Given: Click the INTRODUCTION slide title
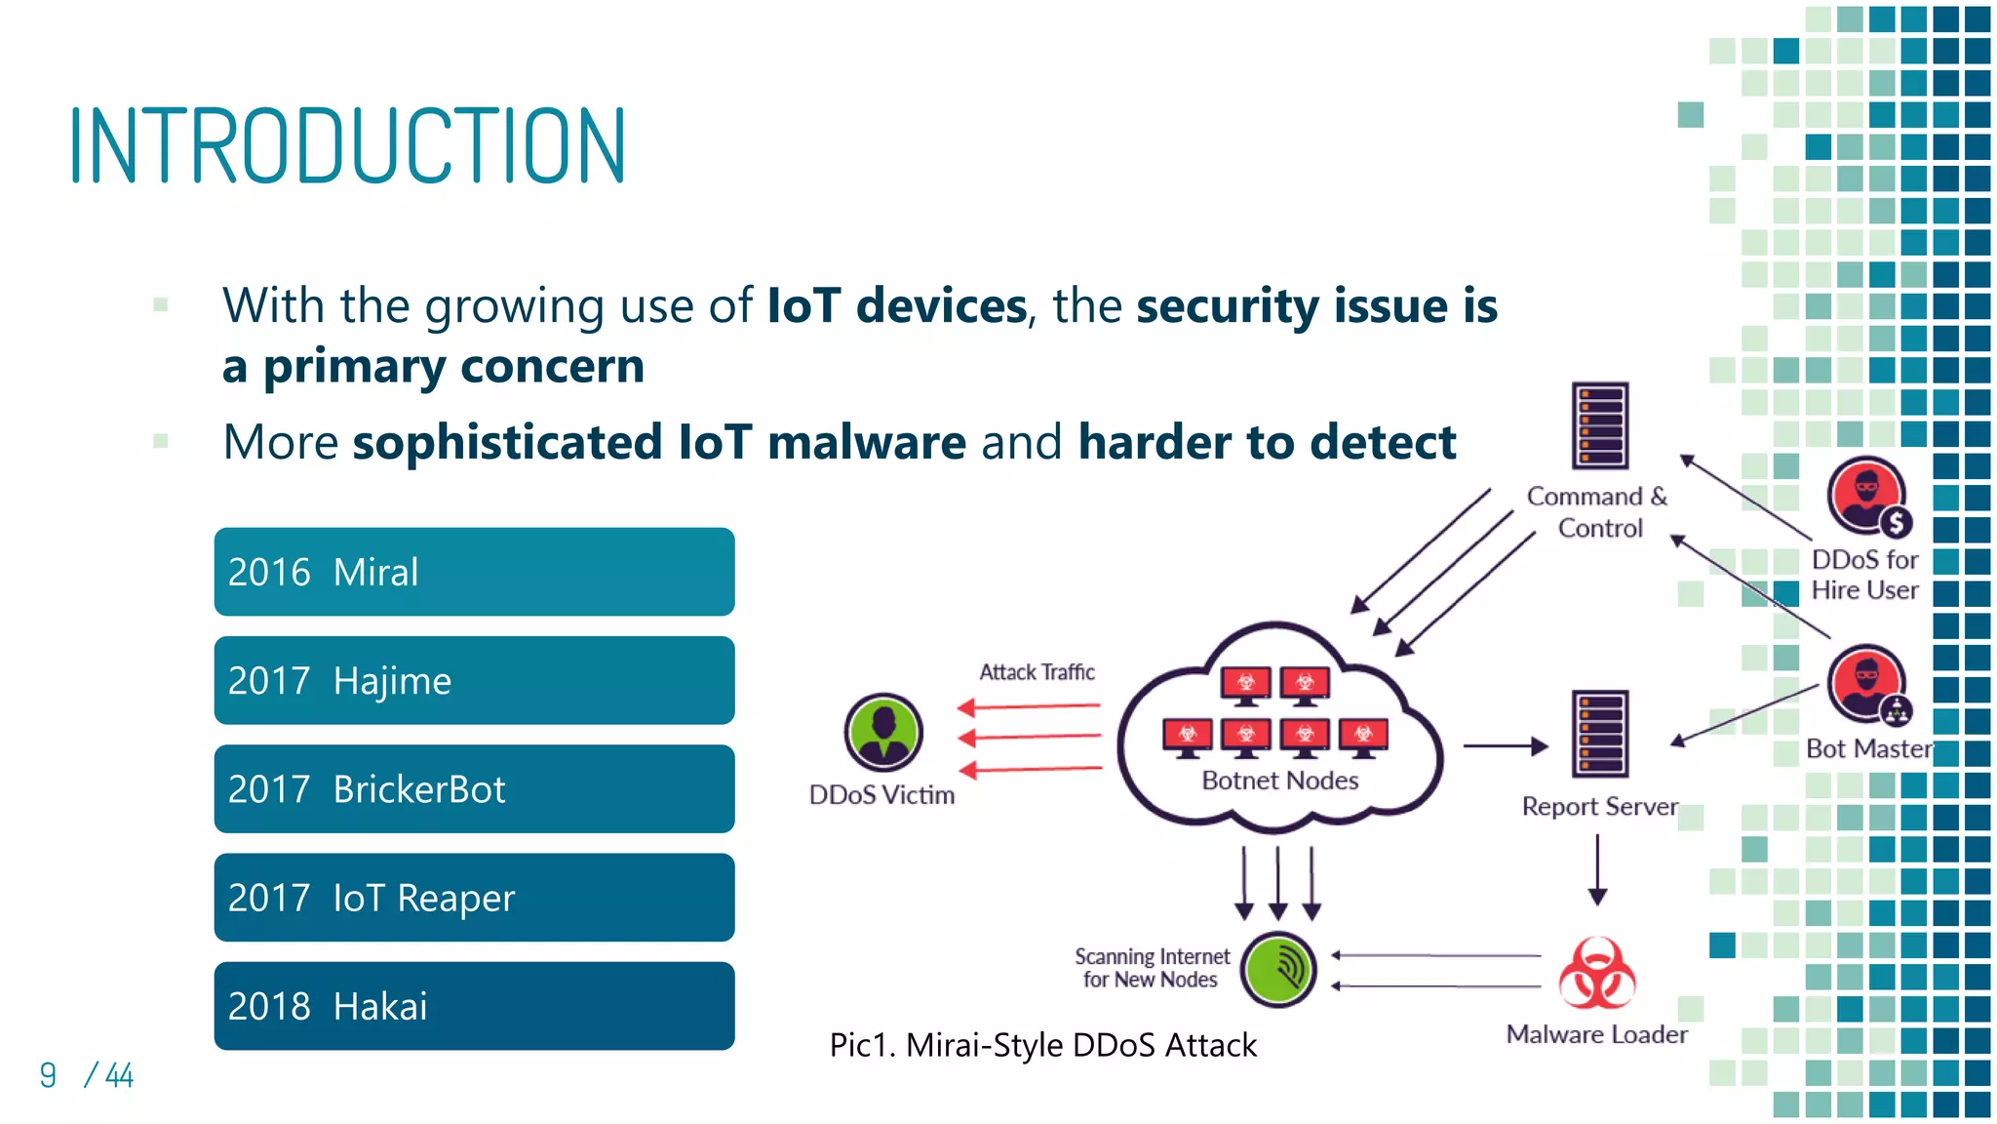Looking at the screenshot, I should coord(347,146).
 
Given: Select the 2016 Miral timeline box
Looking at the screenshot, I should coord(474,572).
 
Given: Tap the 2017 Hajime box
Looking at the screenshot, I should coord(474,680).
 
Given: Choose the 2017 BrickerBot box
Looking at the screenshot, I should coord(474,788).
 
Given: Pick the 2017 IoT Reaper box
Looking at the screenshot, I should coord(474,897).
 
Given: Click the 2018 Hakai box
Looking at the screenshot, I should coord(474,1005).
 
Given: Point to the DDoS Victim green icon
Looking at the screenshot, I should coord(883,732).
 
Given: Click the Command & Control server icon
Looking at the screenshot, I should coord(1600,426).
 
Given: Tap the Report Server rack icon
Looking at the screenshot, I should coord(1600,734).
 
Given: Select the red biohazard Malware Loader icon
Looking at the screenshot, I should coord(1596,974).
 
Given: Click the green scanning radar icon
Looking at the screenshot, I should coord(1278,969).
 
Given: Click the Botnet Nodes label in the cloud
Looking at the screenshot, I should coord(1279,781).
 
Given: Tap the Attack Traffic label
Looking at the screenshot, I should coord(1037,672).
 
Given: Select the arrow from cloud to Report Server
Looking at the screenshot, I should coord(1505,746).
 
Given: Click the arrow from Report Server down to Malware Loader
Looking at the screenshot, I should coord(1597,868).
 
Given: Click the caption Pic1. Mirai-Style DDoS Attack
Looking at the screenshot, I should coord(1042,1045).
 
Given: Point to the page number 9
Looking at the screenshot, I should coord(48,1075).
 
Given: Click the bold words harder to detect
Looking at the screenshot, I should coord(1267,442).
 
